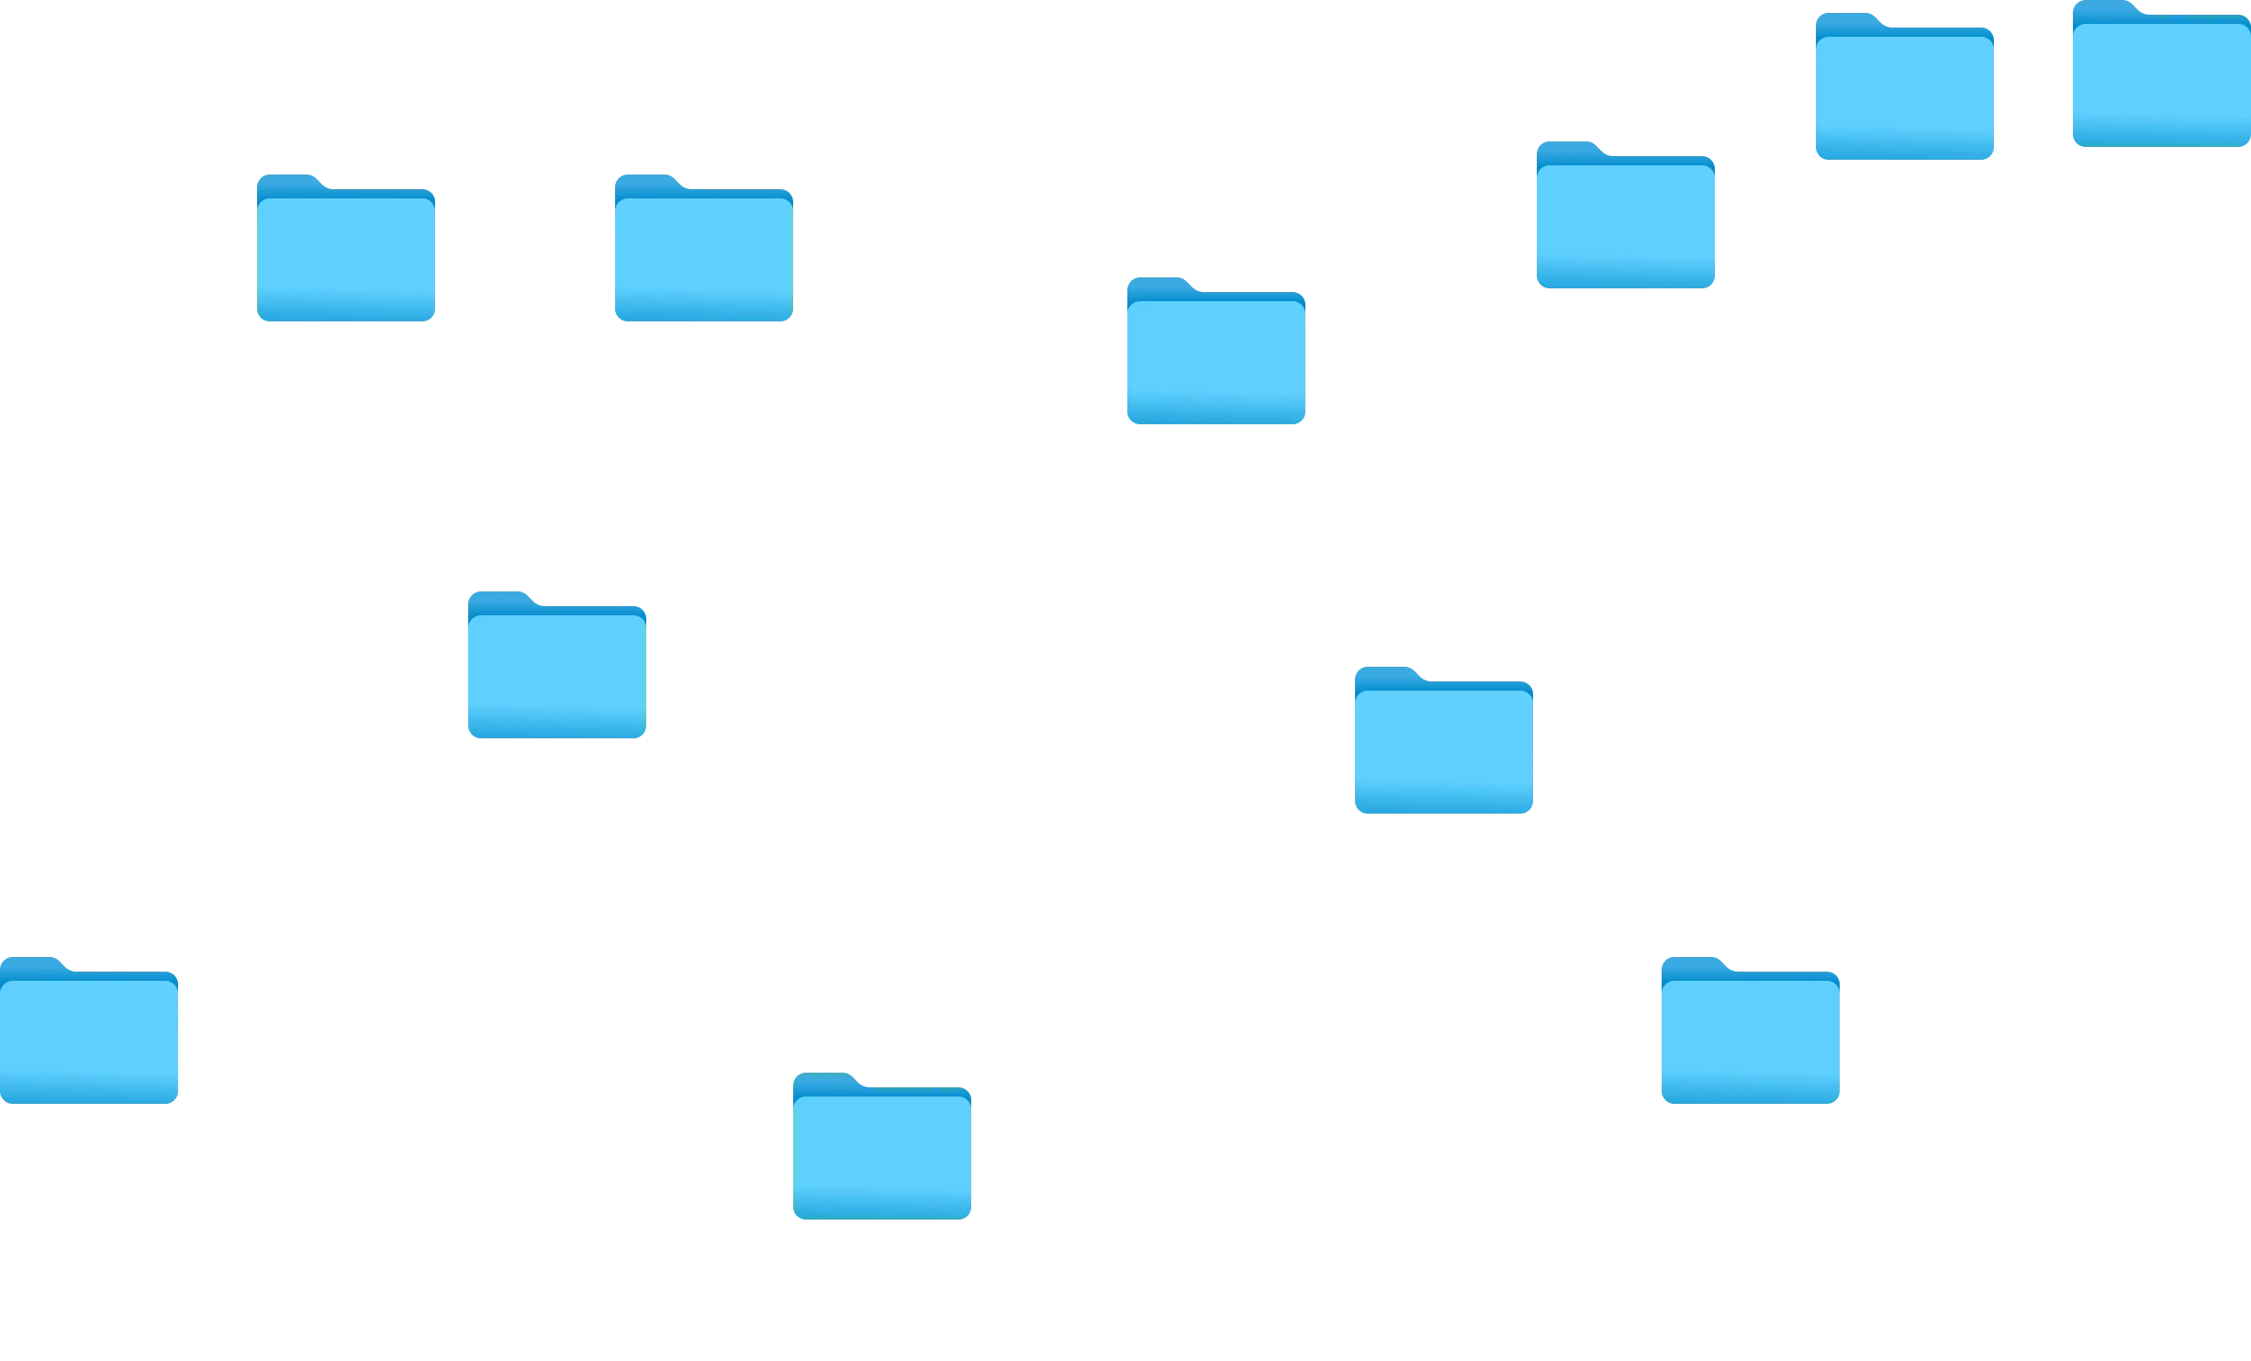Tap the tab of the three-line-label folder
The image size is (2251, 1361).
click(x=35, y=965)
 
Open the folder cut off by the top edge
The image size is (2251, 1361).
click(x=2161, y=78)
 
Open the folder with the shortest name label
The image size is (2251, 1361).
click(x=1751, y=1033)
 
